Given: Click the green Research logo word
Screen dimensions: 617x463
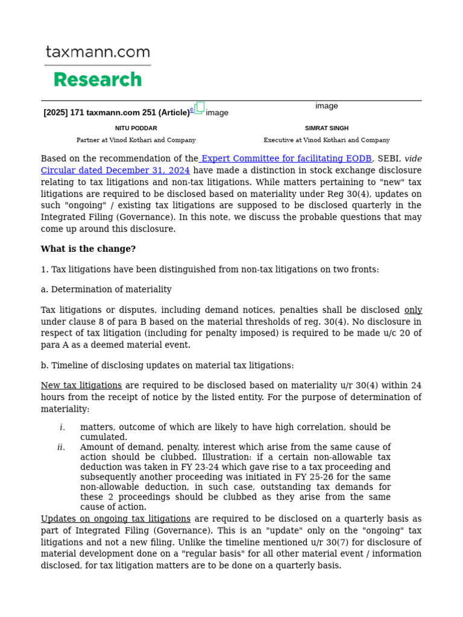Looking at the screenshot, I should [98, 80].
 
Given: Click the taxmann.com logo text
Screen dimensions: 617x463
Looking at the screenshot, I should [98, 53].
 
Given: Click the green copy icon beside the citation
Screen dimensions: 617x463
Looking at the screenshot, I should [199, 108].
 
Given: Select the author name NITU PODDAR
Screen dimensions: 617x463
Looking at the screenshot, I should [136, 128].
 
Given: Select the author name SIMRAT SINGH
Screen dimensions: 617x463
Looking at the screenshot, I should [327, 128].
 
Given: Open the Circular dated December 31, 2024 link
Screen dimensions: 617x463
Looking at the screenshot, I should [115, 171].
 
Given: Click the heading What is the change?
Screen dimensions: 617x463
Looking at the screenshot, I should [88, 249].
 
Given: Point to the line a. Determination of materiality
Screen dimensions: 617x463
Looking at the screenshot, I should [106, 289].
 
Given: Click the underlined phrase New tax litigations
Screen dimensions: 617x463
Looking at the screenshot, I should [81, 386].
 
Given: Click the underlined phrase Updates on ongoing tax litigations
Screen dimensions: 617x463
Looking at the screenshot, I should [116, 519].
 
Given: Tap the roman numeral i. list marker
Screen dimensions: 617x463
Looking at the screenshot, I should [62, 427].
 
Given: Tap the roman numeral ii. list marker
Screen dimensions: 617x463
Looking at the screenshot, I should [61, 447].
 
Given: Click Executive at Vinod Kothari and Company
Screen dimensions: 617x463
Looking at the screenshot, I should [327, 140].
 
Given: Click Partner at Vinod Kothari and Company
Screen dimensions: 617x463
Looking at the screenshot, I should [136, 140].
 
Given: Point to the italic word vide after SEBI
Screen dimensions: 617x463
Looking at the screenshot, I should [413, 159].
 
